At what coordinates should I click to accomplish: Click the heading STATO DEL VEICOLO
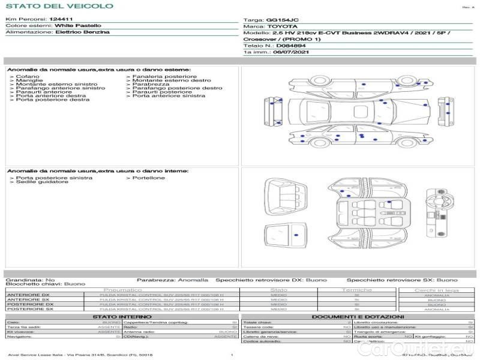click(x=59, y=6)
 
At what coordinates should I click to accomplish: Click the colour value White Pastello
click(x=78, y=26)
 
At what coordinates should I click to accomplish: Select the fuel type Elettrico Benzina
click(x=82, y=32)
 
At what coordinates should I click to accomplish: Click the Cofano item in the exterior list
click(x=28, y=77)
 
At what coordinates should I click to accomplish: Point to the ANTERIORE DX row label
click(x=28, y=295)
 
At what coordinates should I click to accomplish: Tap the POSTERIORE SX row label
click(x=29, y=309)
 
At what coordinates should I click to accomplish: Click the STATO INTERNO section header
click(x=118, y=317)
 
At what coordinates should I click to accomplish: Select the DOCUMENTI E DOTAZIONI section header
click(x=358, y=317)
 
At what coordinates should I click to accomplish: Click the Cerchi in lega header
click(x=436, y=290)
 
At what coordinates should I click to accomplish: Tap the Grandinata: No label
click(x=30, y=280)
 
